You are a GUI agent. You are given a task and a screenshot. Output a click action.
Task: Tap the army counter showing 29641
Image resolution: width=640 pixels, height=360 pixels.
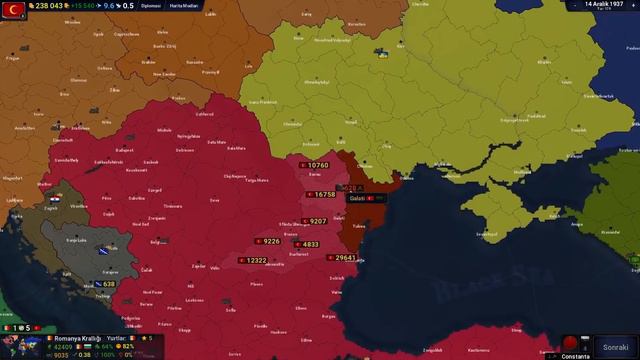[x=342, y=258]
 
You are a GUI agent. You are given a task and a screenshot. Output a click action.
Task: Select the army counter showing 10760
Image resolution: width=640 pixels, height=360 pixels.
[x=315, y=165]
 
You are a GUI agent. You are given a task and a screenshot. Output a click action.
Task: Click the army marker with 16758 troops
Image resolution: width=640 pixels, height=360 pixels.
[x=322, y=195]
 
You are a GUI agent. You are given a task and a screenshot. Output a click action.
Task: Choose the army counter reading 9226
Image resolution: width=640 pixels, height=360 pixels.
[x=269, y=241]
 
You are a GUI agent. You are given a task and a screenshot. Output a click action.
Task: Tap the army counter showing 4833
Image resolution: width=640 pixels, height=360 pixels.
[x=307, y=244]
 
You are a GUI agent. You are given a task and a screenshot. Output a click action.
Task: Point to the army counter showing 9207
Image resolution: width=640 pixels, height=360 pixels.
[x=315, y=221]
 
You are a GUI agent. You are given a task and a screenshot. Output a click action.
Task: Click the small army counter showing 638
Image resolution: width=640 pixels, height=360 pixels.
[x=105, y=284]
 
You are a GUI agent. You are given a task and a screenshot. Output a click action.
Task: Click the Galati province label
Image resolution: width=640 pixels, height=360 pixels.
[x=358, y=198]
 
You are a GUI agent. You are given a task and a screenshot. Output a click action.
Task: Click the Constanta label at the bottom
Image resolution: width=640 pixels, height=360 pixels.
[x=576, y=356]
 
